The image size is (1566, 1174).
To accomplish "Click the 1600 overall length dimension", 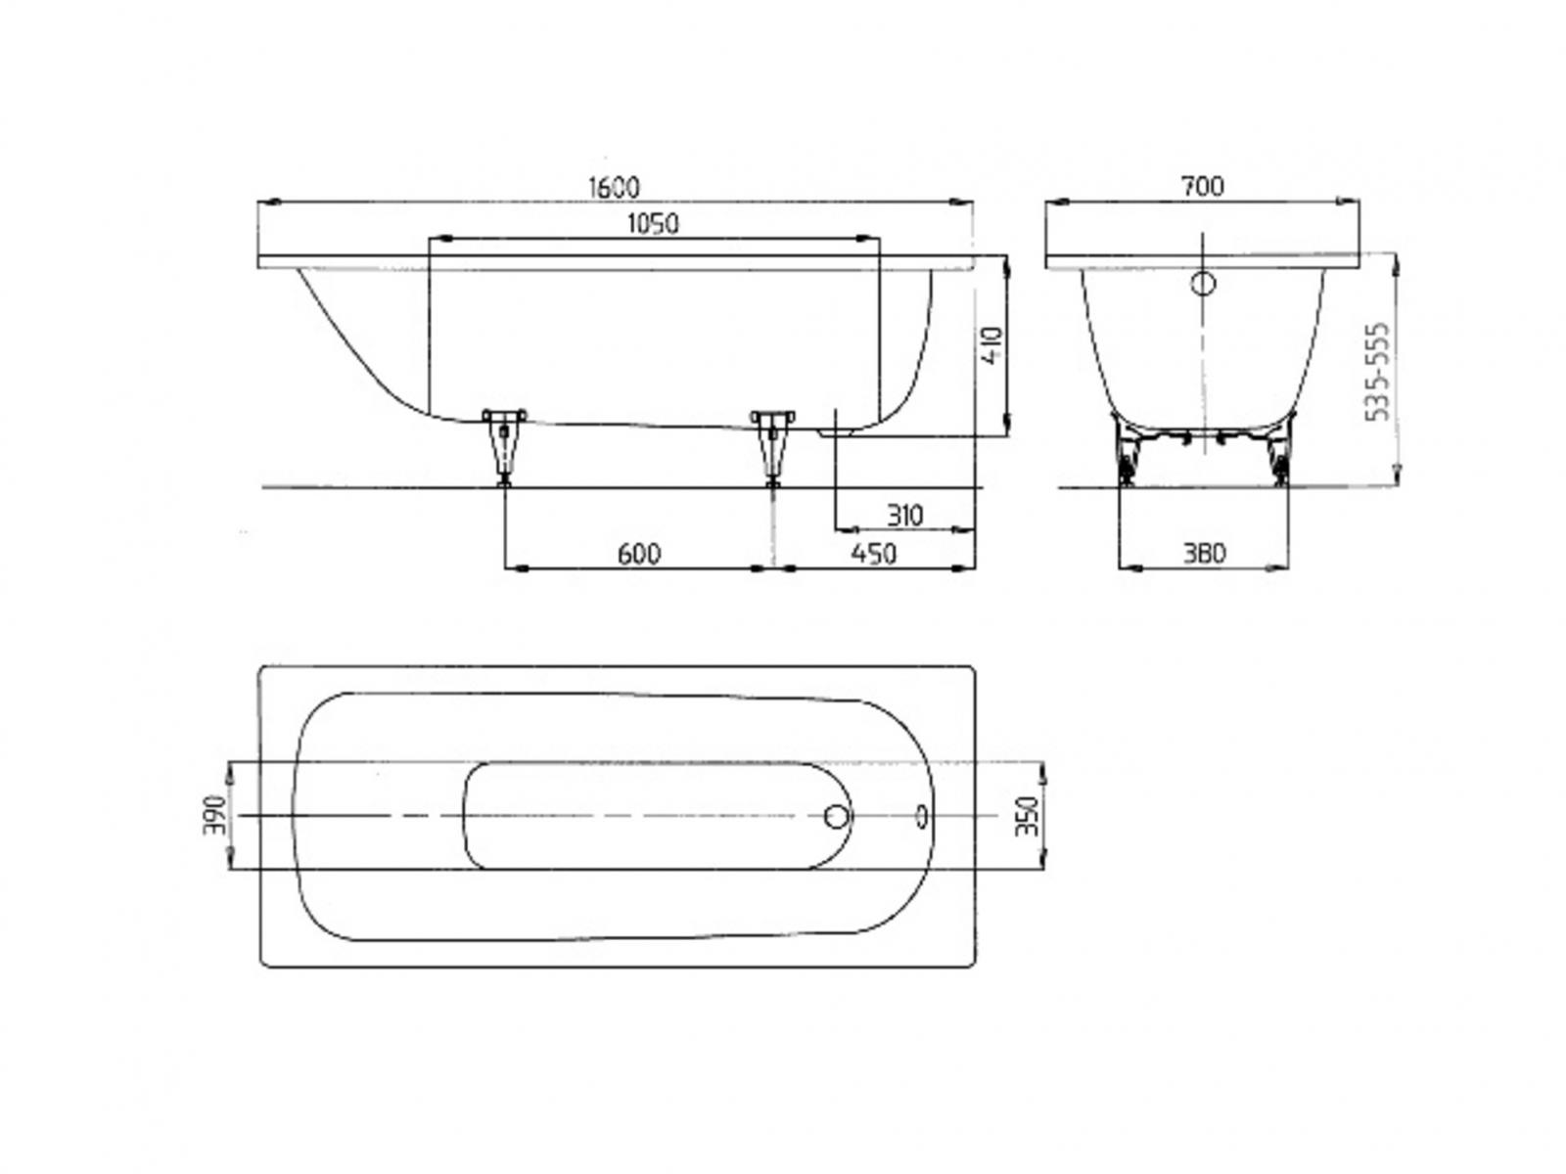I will pyautogui.click(x=614, y=186).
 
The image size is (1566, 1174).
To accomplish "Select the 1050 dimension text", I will pyautogui.click(x=653, y=223).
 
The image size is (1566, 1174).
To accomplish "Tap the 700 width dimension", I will pyautogui.click(x=1202, y=186).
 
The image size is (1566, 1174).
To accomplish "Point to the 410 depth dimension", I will pyautogui.click(x=992, y=346).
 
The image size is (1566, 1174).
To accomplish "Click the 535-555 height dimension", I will pyautogui.click(x=1378, y=371).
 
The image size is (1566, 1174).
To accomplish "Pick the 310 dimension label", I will pyautogui.click(x=904, y=516).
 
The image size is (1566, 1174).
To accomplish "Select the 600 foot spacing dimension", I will pyautogui.click(x=639, y=554).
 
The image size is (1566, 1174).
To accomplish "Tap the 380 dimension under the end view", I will pyautogui.click(x=1203, y=554).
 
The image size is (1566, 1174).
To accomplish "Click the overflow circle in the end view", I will pyautogui.click(x=1203, y=284).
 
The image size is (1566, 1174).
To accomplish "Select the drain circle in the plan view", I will pyautogui.click(x=838, y=816).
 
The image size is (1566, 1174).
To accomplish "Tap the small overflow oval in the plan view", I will pyautogui.click(x=922, y=814).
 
